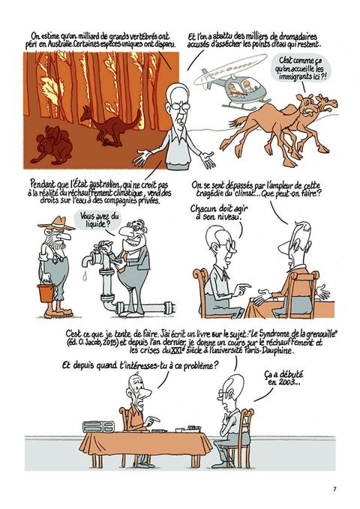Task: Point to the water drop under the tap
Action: [x=85, y=276]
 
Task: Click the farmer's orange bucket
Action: [x=46, y=293]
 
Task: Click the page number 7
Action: [x=334, y=489]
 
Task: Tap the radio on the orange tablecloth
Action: [x=98, y=427]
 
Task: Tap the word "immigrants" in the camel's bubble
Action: [x=295, y=77]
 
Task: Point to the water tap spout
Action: [x=88, y=260]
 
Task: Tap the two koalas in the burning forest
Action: [x=52, y=145]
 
